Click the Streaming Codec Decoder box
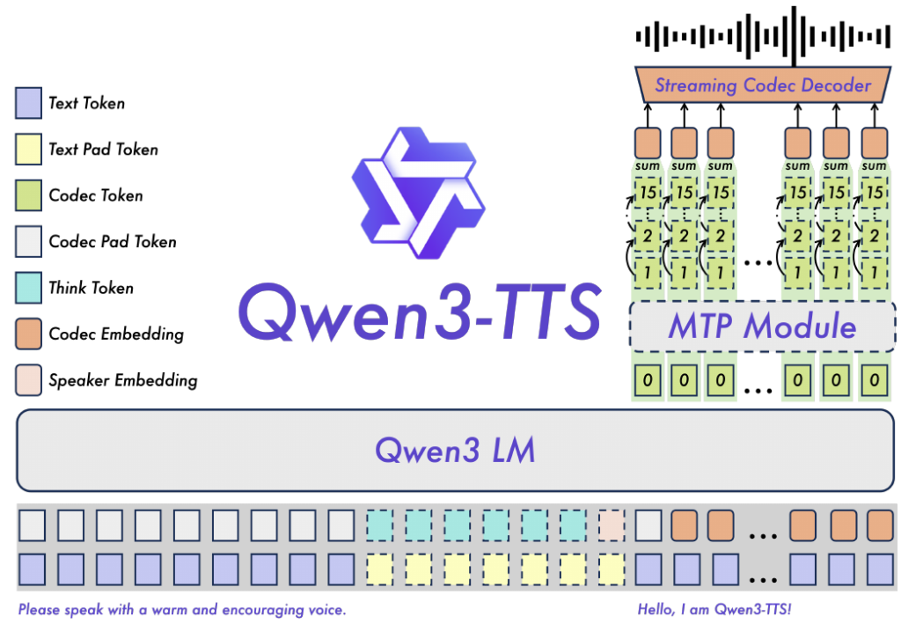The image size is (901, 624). [762, 85]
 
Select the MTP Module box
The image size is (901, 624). [762, 327]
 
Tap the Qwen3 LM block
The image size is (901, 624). [455, 451]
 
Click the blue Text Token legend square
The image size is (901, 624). [29, 103]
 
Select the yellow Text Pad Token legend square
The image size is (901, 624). [29, 150]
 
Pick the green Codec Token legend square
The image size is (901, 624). [29, 195]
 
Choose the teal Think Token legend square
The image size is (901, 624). [29, 288]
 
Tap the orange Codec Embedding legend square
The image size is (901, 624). [29, 334]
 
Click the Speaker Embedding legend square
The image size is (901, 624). [29, 380]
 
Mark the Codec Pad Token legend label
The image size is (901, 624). [113, 242]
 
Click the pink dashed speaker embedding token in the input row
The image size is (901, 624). [612, 525]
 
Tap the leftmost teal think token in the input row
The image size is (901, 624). [380, 525]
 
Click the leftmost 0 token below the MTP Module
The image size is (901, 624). [648, 381]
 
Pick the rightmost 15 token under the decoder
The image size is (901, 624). [874, 191]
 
